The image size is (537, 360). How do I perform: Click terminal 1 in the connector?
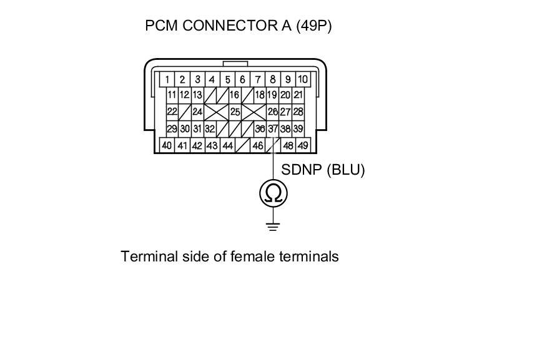pyautogui.click(x=167, y=80)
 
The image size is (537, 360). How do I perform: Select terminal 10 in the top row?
pyautogui.click(x=302, y=80)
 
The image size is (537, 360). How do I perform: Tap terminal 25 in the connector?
pyautogui.click(x=235, y=112)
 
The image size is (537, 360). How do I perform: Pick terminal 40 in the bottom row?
pyautogui.click(x=167, y=145)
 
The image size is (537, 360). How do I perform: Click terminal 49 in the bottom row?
pyautogui.click(x=303, y=145)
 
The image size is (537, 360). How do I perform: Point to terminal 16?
pyautogui.click(x=234, y=95)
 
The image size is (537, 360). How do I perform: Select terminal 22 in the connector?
pyautogui.click(x=172, y=112)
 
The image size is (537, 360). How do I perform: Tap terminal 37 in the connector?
pyautogui.click(x=273, y=129)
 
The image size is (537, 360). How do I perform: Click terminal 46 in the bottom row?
pyautogui.click(x=257, y=145)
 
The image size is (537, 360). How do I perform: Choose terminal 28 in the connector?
pyautogui.click(x=298, y=112)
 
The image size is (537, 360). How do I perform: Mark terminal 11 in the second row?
pyautogui.click(x=172, y=95)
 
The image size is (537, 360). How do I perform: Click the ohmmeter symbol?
pyautogui.click(x=273, y=193)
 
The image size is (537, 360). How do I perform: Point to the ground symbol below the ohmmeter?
pyautogui.click(x=273, y=226)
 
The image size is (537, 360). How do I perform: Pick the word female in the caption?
pyautogui.click(x=253, y=256)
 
